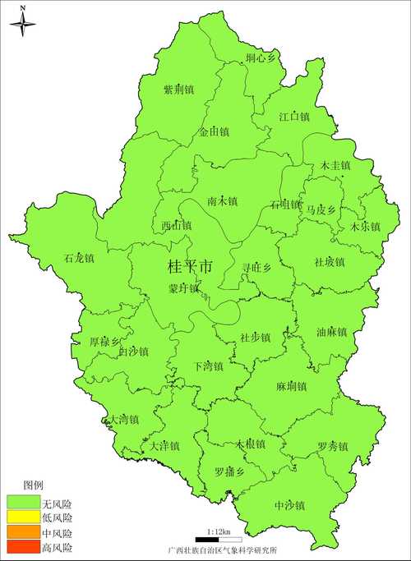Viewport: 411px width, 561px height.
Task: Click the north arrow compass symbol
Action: (x=23, y=24)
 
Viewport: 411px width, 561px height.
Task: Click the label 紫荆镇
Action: (x=178, y=90)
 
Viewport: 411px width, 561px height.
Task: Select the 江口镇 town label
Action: (x=293, y=117)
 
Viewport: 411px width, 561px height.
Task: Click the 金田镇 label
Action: (x=214, y=131)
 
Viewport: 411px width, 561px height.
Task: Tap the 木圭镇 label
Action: (x=335, y=165)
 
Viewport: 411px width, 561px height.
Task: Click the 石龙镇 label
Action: (x=80, y=258)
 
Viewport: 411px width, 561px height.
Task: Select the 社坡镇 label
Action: (x=330, y=262)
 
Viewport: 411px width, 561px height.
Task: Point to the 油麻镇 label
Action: (x=331, y=333)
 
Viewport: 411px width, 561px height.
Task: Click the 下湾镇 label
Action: (x=208, y=366)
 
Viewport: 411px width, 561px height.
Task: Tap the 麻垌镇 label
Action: (x=291, y=386)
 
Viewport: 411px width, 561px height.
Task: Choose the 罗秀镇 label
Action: (x=332, y=447)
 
